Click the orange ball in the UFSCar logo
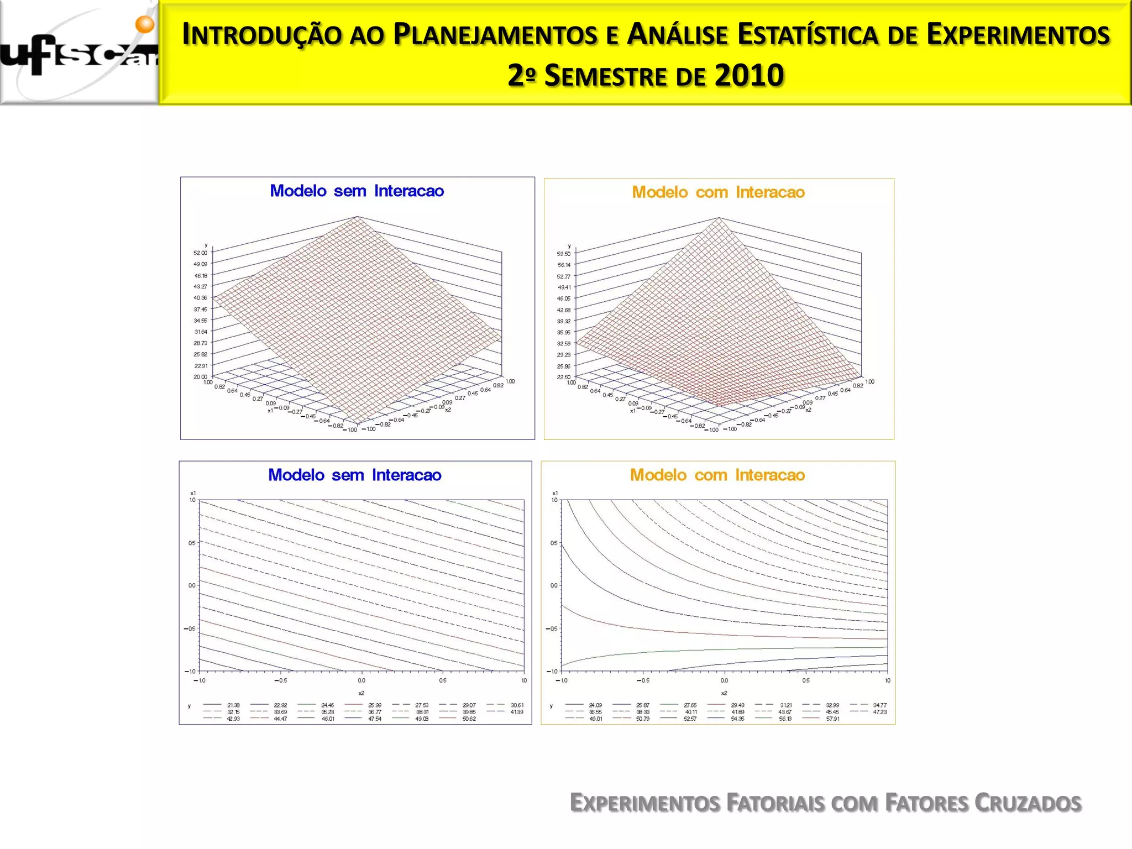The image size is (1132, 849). [145, 25]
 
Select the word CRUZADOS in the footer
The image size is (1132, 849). [1028, 803]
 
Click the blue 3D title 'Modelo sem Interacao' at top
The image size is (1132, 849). [357, 191]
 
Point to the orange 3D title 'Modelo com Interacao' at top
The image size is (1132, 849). [718, 192]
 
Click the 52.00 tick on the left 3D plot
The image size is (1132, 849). [200, 253]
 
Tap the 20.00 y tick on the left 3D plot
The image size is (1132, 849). [200, 377]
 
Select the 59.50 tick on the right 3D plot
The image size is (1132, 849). [563, 254]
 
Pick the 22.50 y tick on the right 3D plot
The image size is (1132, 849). [563, 378]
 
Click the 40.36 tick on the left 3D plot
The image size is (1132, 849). [200, 298]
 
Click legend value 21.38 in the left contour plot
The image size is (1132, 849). [233, 705]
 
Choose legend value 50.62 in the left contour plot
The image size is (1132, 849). [469, 719]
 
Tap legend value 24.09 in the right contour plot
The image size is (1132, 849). [595, 705]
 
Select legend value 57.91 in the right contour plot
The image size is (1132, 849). [832, 719]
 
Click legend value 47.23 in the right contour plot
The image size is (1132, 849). [879, 712]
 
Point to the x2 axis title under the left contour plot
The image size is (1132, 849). [361, 693]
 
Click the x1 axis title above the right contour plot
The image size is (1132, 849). [555, 493]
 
